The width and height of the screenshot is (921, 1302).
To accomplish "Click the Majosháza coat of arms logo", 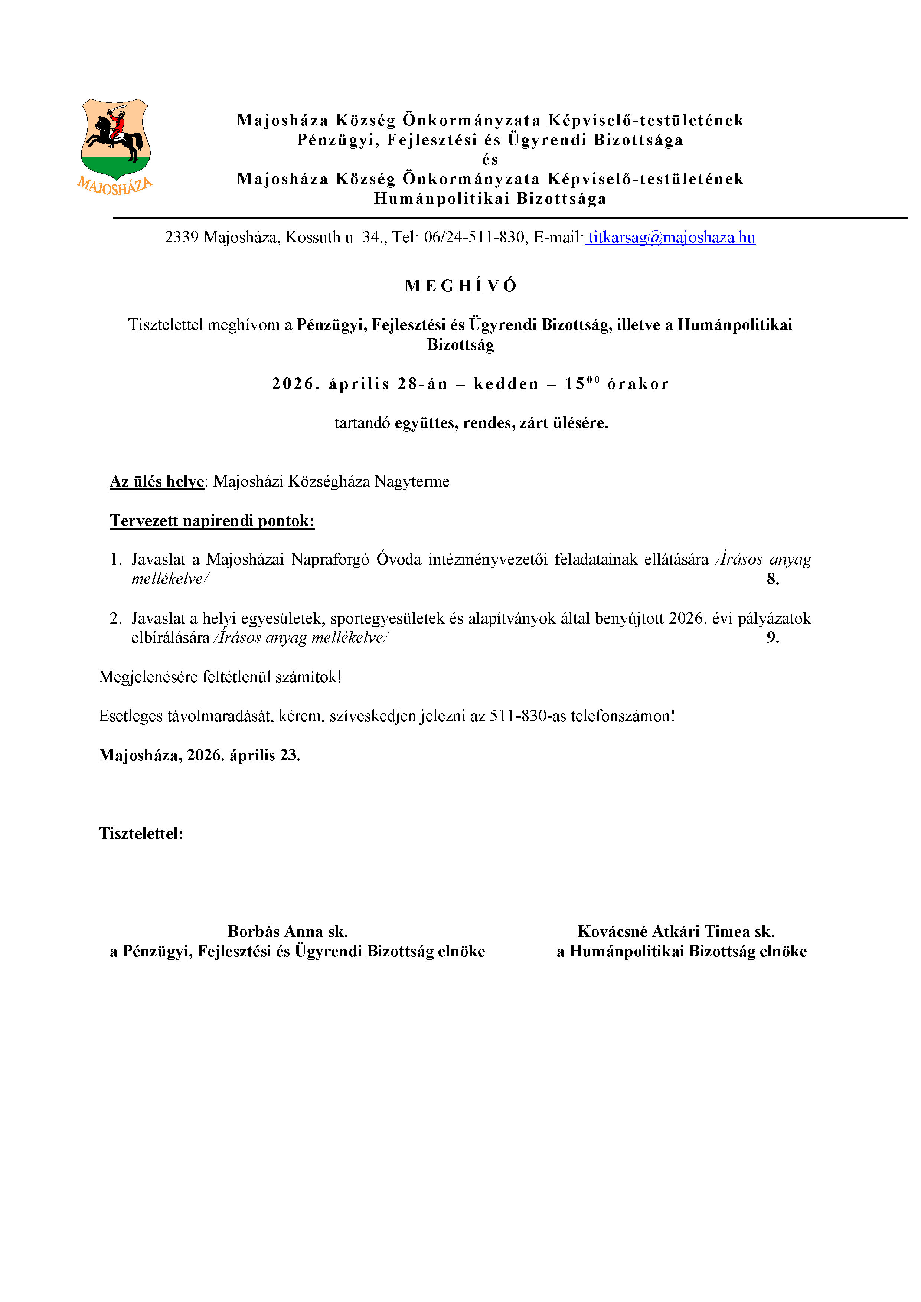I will [x=116, y=146].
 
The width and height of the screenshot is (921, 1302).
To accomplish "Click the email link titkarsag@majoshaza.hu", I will [x=671, y=237].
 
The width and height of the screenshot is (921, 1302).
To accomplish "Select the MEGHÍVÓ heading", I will [x=460, y=286].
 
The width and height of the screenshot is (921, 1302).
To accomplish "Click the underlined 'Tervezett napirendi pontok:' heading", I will [x=212, y=521].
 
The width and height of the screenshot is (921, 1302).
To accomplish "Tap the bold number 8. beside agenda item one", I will [x=773, y=579].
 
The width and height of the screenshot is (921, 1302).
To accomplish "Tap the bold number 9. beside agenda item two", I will [x=773, y=638].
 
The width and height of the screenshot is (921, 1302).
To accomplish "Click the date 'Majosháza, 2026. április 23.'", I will [x=200, y=755].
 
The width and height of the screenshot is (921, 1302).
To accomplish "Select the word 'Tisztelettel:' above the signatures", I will [x=141, y=834].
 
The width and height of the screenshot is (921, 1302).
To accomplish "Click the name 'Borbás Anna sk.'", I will [x=288, y=931].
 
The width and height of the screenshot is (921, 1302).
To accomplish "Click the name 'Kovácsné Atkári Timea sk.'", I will [x=676, y=931].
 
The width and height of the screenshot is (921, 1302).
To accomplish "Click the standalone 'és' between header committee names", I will [x=490, y=160].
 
